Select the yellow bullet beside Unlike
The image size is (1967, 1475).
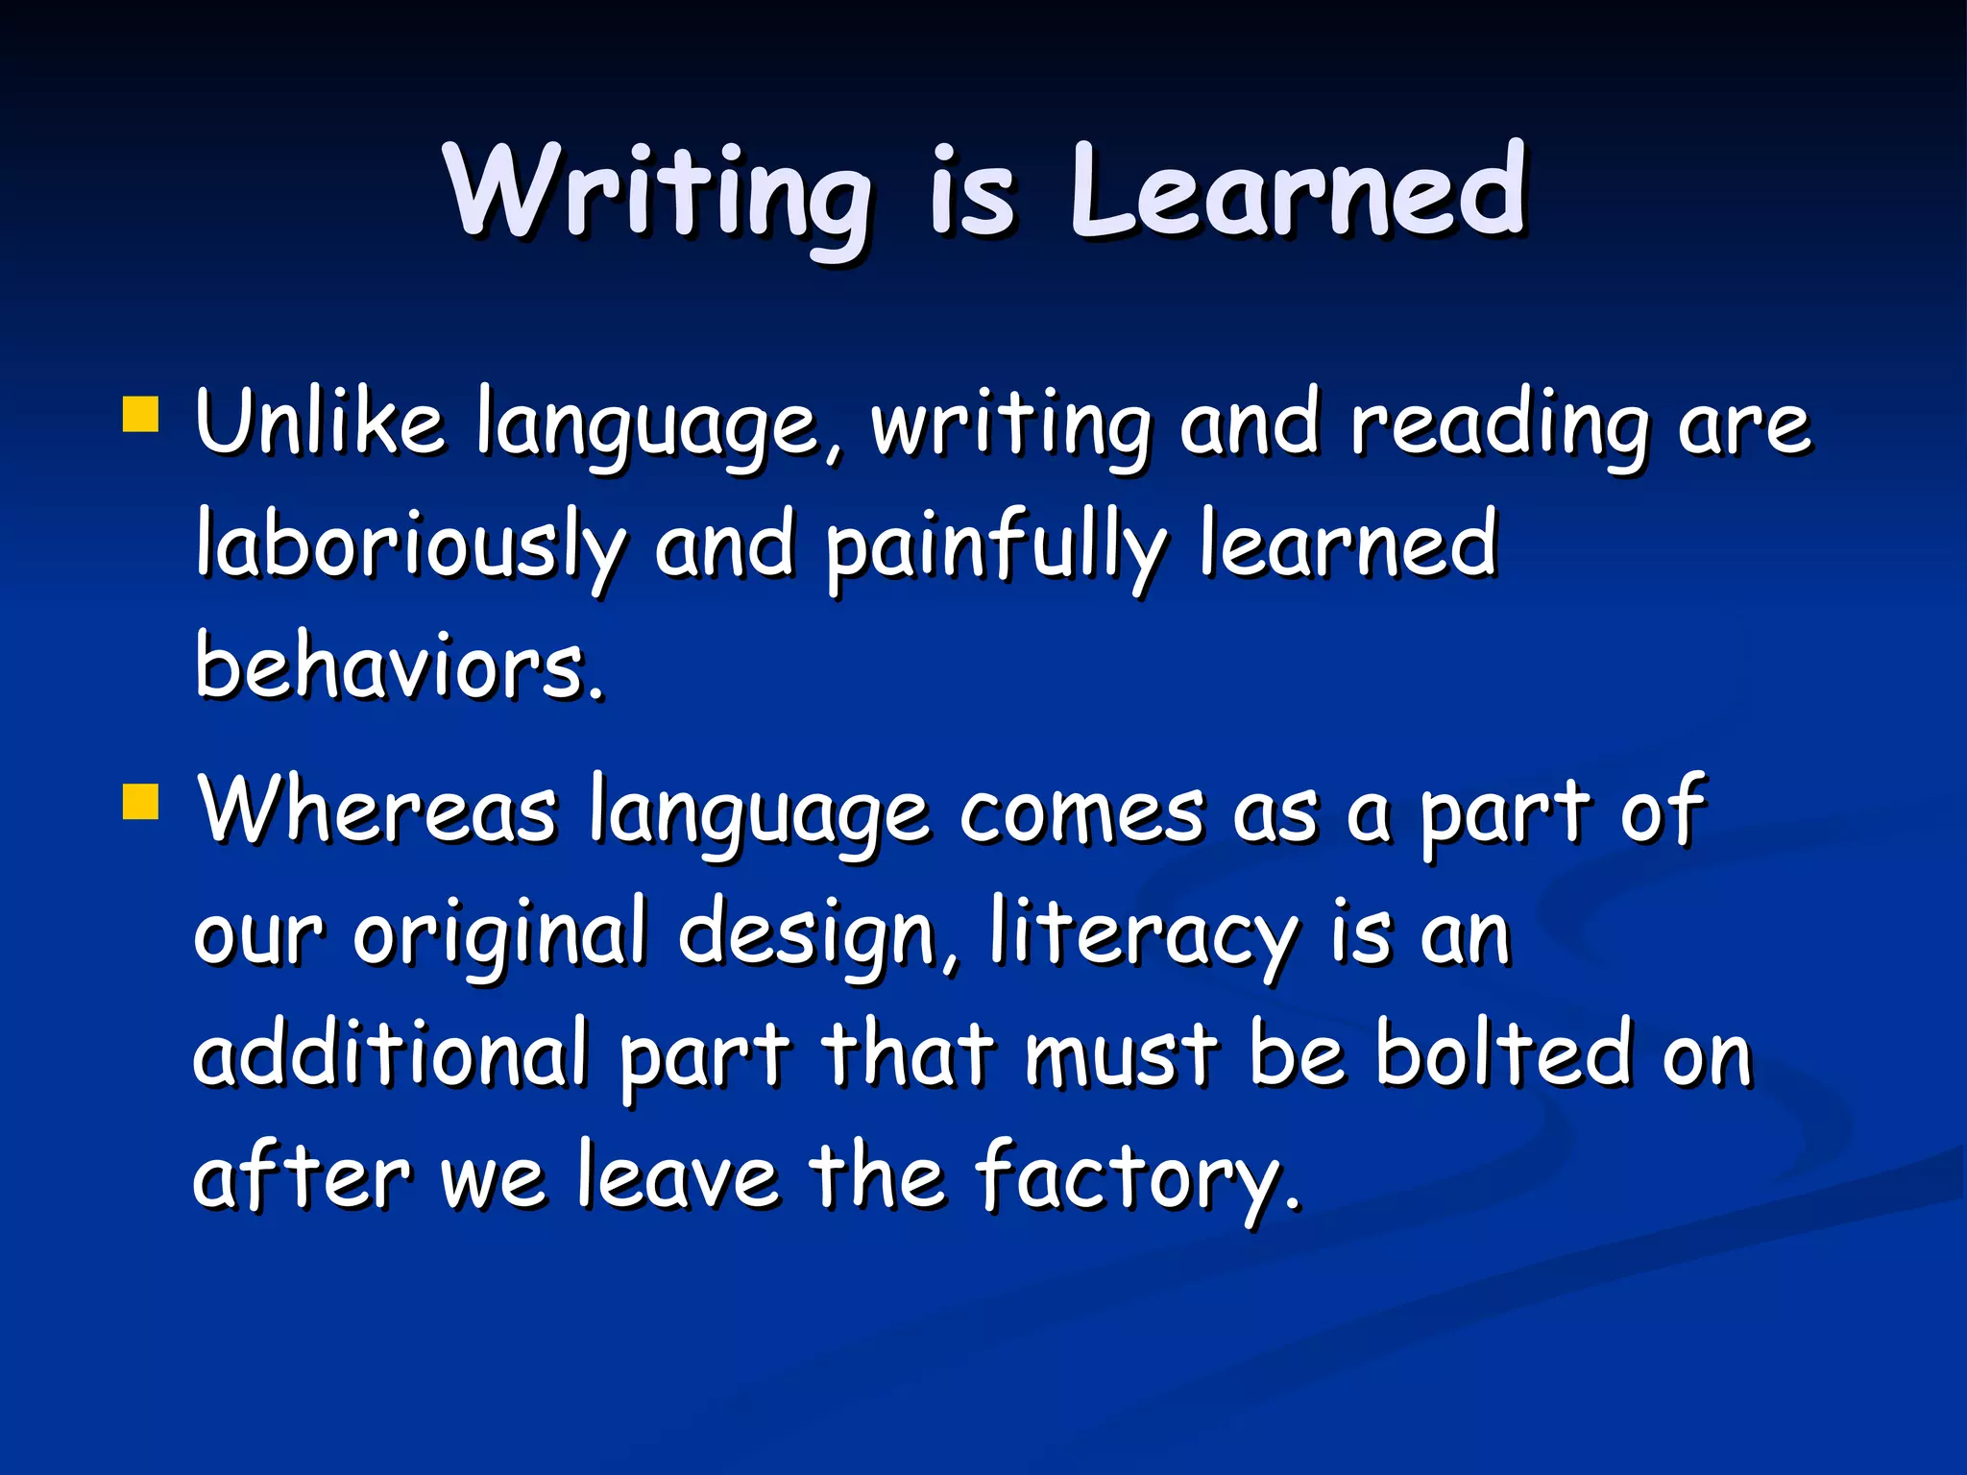[x=140, y=416]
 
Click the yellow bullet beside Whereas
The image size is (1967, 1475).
[x=140, y=802]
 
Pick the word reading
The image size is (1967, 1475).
[x=1498, y=427]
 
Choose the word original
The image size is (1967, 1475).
[x=499, y=936]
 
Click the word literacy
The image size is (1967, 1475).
[x=1143, y=936]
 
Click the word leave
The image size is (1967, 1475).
[x=677, y=1176]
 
